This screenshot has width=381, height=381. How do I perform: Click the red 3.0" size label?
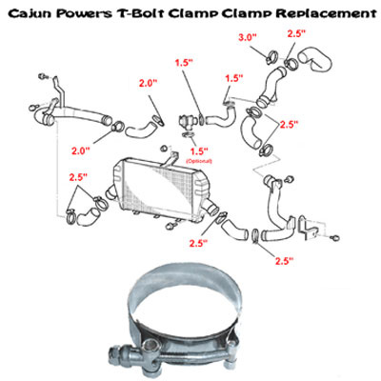coord(248,37)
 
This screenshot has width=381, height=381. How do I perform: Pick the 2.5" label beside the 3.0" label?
coord(296,33)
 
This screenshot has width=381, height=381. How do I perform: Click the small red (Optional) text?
coord(199,161)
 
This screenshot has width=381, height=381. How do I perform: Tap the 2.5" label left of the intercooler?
coord(78,177)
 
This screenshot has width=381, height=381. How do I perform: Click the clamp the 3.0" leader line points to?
coord(271,58)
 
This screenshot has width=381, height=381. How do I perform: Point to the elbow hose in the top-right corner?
coord(316,59)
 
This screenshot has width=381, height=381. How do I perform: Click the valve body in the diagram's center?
coord(187,122)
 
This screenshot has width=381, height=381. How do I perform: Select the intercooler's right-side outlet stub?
coord(211,207)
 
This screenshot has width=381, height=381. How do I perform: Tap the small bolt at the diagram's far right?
coord(335,237)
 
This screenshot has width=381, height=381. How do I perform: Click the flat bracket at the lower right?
coord(309,228)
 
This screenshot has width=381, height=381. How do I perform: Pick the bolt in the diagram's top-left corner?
coord(42,76)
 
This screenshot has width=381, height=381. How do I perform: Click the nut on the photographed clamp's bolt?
coord(114,353)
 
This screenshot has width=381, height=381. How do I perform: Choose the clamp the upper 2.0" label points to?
coord(159,120)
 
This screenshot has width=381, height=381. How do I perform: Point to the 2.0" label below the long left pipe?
coord(81,150)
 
